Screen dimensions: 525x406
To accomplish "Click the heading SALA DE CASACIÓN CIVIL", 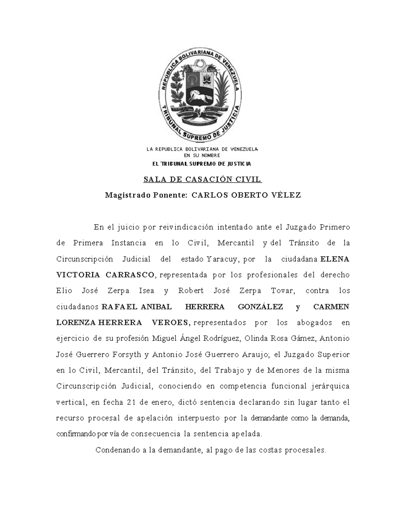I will tap(203, 180).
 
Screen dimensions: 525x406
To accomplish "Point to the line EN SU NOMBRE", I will tap(202, 156).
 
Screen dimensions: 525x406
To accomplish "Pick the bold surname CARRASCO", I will tap(130, 275).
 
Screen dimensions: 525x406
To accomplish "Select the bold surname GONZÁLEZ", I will tap(261, 307).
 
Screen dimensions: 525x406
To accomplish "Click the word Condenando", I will tap(116, 450).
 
